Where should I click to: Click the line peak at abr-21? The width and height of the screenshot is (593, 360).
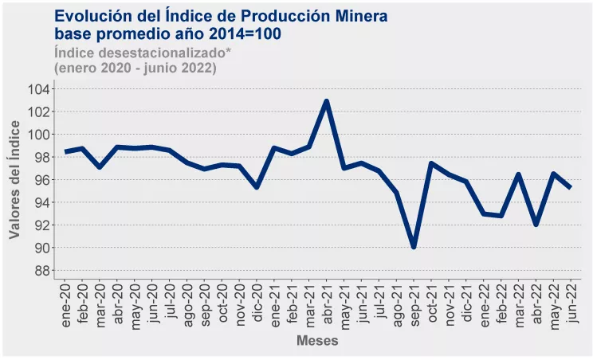(x=326, y=102)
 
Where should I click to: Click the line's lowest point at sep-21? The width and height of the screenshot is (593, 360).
(x=414, y=247)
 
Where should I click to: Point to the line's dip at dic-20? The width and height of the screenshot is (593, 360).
(x=256, y=187)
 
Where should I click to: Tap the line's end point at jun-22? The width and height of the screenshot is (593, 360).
(x=571, y=187)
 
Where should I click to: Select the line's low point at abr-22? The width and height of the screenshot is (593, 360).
(x=536, y=225)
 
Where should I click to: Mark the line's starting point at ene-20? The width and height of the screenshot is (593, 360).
(x=65, y=151)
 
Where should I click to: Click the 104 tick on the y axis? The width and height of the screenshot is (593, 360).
(x=37, y=88)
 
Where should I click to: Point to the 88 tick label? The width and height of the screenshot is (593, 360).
(x=41, y=271)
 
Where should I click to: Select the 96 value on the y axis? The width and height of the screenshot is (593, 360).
(x=41, y=180)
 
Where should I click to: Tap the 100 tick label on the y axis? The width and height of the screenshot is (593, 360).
(x=37, y=135)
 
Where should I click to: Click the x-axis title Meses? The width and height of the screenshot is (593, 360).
(x=317, y=341)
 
